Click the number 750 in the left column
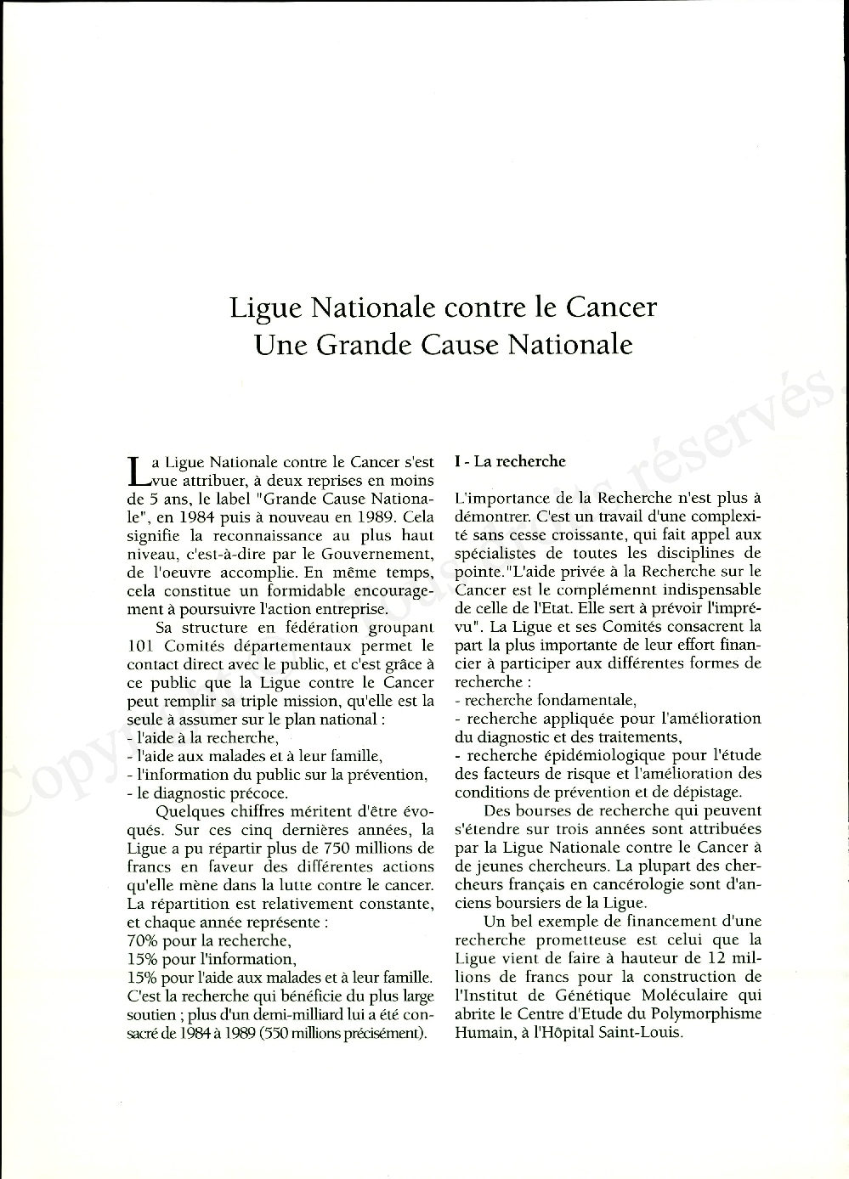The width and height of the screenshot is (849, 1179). [x=342, y=849]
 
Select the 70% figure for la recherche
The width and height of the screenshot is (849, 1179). [x=141, y=940]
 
